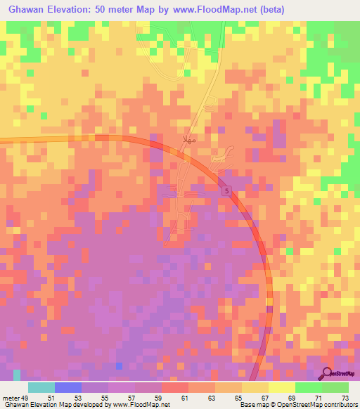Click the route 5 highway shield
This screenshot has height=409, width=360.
pyautogui.click(x=226, y=190)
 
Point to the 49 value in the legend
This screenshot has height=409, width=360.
pyautogui.click(x=27, y=398)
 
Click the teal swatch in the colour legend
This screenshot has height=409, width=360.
pyautogui.click(x=41, y=387)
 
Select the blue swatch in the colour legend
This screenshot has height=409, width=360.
pyautogui.click(x=68, y=387)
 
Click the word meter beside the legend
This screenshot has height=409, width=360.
pyautogui.click(x=11, y=398)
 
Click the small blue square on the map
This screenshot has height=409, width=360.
pyautogui.click(x=119, y=365)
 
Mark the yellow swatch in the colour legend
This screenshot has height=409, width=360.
pyautogui.click(x=281, y=387)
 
